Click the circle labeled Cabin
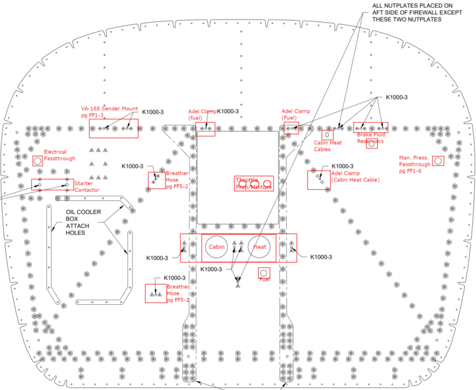(217, 247)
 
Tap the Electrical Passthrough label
(60, 155)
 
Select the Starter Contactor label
(86, 187)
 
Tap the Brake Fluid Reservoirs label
(370, 138)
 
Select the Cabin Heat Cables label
(327, 146)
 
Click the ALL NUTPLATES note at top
(408, 12)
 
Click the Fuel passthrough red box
(264, 273)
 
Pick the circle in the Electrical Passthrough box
(38, 161)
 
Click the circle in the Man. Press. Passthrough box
(438, 160)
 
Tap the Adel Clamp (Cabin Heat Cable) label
(354, 177)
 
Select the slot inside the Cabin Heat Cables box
(327, 135)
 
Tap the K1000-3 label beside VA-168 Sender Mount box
(153, 112)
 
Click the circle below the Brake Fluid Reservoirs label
(371, 144)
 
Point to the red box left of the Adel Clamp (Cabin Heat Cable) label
(319, 179)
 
